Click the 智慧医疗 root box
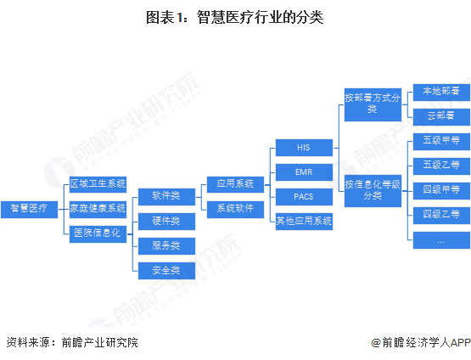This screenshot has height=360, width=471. [x=29, y=210]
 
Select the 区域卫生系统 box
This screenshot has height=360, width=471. [x=98, y=184]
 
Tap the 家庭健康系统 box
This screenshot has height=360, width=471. [x=98, y=210]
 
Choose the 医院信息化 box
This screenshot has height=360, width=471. [x=98, y=234]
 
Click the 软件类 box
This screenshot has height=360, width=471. [x=166, y=197]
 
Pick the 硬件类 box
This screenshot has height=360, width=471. [x=166, y=222]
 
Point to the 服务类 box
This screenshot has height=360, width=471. [x=166, y=246]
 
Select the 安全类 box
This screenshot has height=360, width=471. [x=166, y=271]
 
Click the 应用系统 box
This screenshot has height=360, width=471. [x=236, y=184]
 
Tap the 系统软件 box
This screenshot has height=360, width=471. [x=236, y=210]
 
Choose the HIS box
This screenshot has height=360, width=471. [x=304, y=148]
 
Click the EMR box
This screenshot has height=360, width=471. [x=304, y=172]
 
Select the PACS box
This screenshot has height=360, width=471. [x=304, y=197]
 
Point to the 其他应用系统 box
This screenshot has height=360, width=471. [x=304, y=222]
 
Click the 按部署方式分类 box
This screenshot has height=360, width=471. [x=373, y=105]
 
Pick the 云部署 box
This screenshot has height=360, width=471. [x=441, y=117]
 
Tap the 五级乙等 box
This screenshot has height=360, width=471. [x=441, y=166]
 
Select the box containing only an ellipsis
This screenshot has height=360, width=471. [x=441, y=240]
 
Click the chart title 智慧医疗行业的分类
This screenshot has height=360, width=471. [x=261, y=17]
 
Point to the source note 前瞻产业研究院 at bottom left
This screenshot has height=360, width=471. [x=100, y=342]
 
